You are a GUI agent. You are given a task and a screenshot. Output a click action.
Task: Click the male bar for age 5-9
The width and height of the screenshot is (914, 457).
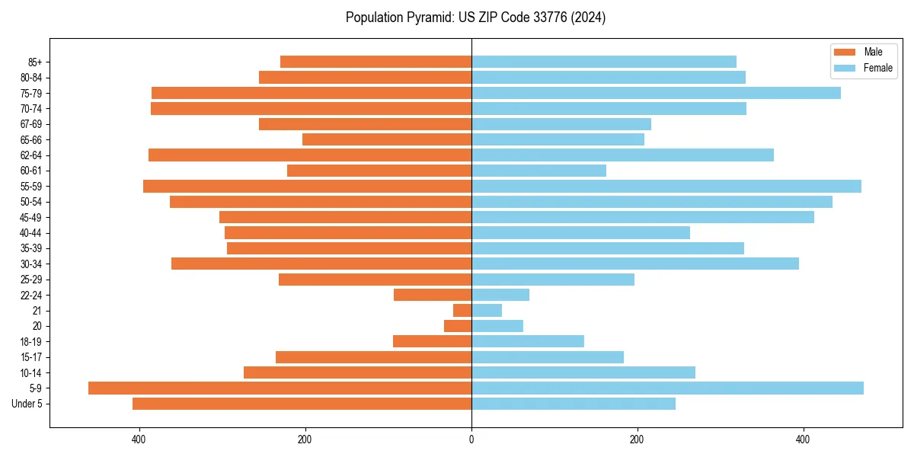pyautogui.click(x=280, y=388)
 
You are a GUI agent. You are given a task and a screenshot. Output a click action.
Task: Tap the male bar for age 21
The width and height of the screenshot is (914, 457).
pyautogui.click(x=462, y=310)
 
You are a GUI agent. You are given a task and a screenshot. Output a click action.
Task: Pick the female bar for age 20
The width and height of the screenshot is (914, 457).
pyautogui.click(x=497, y=326)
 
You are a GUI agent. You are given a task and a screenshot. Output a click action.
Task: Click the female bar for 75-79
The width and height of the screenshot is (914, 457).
pyautogui.click(x=656, y=93)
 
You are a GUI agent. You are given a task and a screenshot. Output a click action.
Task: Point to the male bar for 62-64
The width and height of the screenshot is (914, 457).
pyautogui.click(x=310, y=155)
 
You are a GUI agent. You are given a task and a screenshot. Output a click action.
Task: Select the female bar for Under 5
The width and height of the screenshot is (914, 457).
pyautogui.click(x=573, y=404)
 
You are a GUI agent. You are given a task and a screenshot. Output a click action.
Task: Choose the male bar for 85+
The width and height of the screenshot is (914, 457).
pyautogui.click(x=376, y=62)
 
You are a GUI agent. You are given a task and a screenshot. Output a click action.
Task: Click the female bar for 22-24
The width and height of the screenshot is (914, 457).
pyautogui.click(x=500, y=295)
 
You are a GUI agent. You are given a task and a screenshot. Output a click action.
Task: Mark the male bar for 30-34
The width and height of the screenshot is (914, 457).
pyautogui.click(x=321, y=264)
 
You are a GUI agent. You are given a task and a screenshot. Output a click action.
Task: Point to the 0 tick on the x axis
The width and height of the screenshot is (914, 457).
pyautogui.click(x=471, y=439)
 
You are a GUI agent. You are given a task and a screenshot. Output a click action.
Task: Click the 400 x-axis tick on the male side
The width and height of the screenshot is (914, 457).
pyautogui.click(x=139, y=439)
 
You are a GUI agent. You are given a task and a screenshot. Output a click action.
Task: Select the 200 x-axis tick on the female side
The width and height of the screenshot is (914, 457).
pyautogui.click(x=637, y=439)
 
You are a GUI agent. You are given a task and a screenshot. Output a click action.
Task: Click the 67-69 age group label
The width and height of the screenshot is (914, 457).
pyautogui.click(x=31, y=124)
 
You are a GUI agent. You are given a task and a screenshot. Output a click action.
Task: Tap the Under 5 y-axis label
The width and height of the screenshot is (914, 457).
pyautogui.click(x=27, y=404)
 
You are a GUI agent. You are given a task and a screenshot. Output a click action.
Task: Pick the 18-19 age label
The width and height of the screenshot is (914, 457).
pyautogui.click(x=31, y=341)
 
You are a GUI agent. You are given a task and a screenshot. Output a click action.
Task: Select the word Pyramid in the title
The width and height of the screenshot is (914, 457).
pyautogui.click(x=429, y=18)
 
